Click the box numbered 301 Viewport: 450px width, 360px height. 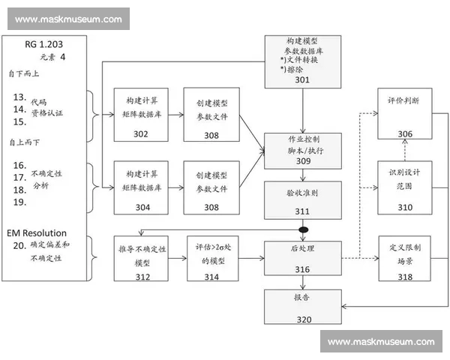point(301,59)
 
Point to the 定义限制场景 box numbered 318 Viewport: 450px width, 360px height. point(404,258)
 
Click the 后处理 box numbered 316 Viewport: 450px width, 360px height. point(301,258)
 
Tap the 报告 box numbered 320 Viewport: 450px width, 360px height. point(301,307)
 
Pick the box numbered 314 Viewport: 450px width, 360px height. point(211,258)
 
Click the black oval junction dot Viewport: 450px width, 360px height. point(303,229)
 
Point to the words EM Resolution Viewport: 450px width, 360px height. point(37,233)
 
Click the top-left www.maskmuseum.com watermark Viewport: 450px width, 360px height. point(68,19)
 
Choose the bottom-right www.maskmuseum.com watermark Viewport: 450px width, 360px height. point(381,342)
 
